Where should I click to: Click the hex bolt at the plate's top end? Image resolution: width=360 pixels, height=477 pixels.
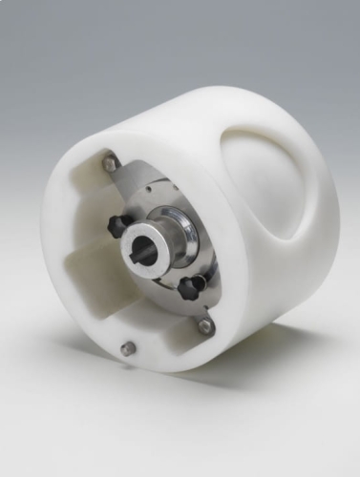pos(111,164)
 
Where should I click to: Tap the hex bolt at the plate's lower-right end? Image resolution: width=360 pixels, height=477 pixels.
pos(205,326)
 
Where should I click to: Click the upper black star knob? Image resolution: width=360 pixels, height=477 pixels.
pos(118,225)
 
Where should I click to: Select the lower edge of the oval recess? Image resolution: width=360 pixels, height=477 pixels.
pos(272,250)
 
